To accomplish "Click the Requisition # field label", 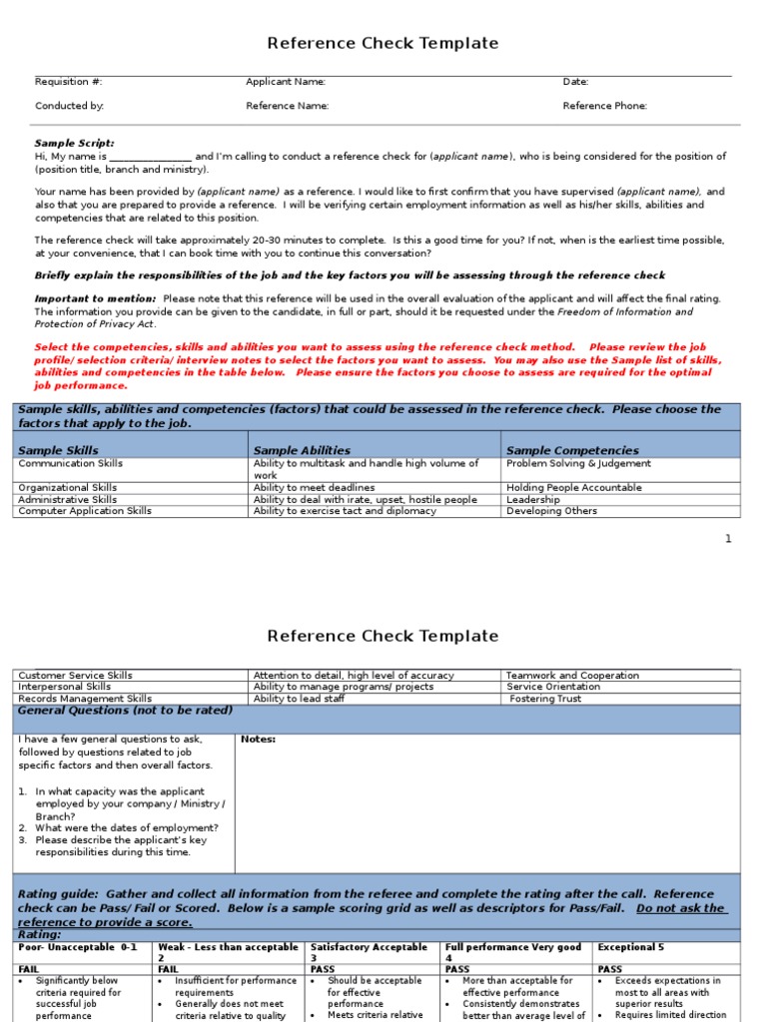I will click(x=69, y=82).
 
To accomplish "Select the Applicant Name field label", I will click(x=286, y=82).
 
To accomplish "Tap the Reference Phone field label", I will click(x=604, y=105).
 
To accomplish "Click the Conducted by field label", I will click(x=69, y=105).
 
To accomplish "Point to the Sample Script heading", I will click(x=75, y=143).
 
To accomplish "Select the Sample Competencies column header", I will click(x=572, y=450).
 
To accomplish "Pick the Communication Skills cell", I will click(x=71, y=463).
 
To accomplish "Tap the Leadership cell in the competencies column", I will click(x=533, y=499).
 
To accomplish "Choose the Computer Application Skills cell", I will click(x=85, y=511).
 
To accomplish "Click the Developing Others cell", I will click(x=551, y=511).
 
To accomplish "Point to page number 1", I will click(x=728, y=539).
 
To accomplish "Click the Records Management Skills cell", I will click(x=85, y=699).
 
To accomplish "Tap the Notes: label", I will click(x=259, y=740).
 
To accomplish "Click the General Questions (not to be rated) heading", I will click(x=125, y=711).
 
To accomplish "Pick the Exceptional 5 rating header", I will click(x=632, y=947).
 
